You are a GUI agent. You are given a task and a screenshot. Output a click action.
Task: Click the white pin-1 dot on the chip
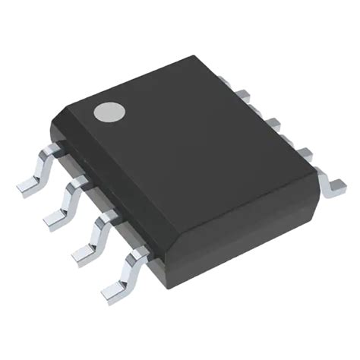(109, 112)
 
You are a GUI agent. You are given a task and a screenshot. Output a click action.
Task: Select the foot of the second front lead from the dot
(55, 218)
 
